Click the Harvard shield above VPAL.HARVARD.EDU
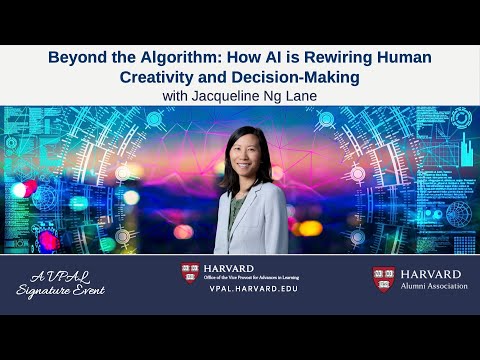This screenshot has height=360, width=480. pyautogui.click(x=190, y=272)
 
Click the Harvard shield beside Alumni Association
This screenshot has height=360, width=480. pyautogui.click(x=383, y=278)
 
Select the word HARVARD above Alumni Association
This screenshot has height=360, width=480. pyautogui.click(x=434, y=272)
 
